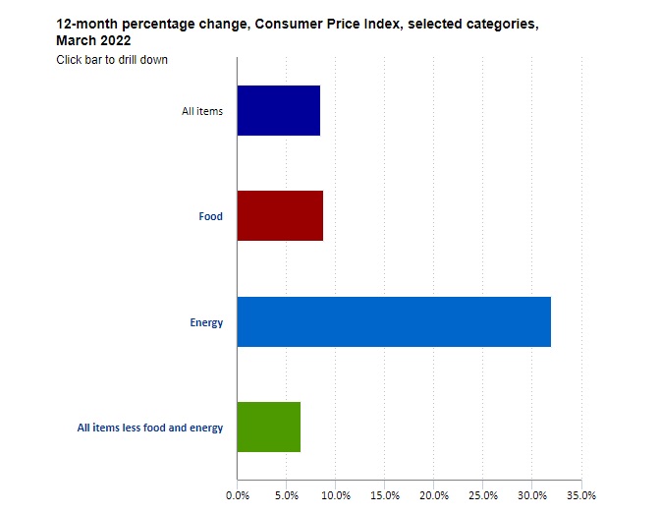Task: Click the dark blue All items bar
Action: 279,110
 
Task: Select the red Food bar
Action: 280,216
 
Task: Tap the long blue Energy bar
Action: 394,321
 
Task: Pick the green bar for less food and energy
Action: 269,427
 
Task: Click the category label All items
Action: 202,111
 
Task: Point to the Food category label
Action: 211,216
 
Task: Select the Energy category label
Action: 206,322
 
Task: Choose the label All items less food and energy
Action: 150,428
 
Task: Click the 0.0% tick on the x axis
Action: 238,494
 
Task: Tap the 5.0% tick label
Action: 287,494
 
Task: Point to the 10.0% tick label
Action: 336,494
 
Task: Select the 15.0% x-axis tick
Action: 385,494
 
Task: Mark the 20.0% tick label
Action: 434,494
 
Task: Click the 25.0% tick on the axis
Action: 483,494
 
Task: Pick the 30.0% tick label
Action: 532,494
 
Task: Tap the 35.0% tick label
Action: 581,494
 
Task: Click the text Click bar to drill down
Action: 112,60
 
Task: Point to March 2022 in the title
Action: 93,41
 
